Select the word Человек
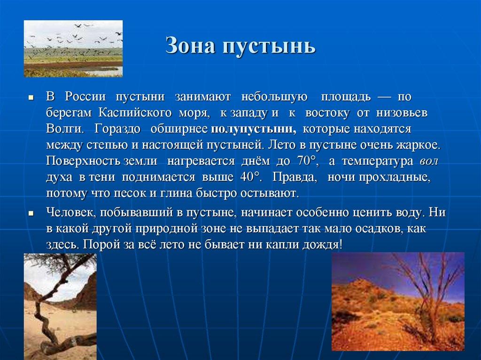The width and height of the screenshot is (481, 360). click(70, 212)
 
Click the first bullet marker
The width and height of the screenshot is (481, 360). click(31, 98)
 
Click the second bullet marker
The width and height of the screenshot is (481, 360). click(31, 213)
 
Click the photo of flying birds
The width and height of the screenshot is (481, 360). click(73, 48)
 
